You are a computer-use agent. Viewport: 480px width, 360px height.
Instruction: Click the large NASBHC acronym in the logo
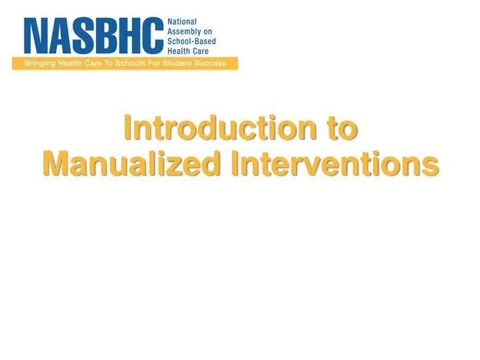(x=93, y=37)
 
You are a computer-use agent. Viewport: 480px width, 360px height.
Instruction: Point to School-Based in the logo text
(x=191, y=41)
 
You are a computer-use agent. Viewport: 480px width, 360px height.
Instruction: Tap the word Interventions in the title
(x=335, y=163)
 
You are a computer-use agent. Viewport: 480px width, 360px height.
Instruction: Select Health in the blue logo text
(x=179, y=51)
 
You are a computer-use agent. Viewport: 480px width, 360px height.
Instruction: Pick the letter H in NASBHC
(x=129, y=37)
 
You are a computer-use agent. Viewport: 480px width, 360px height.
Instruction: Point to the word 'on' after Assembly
(x=208, y=31)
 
